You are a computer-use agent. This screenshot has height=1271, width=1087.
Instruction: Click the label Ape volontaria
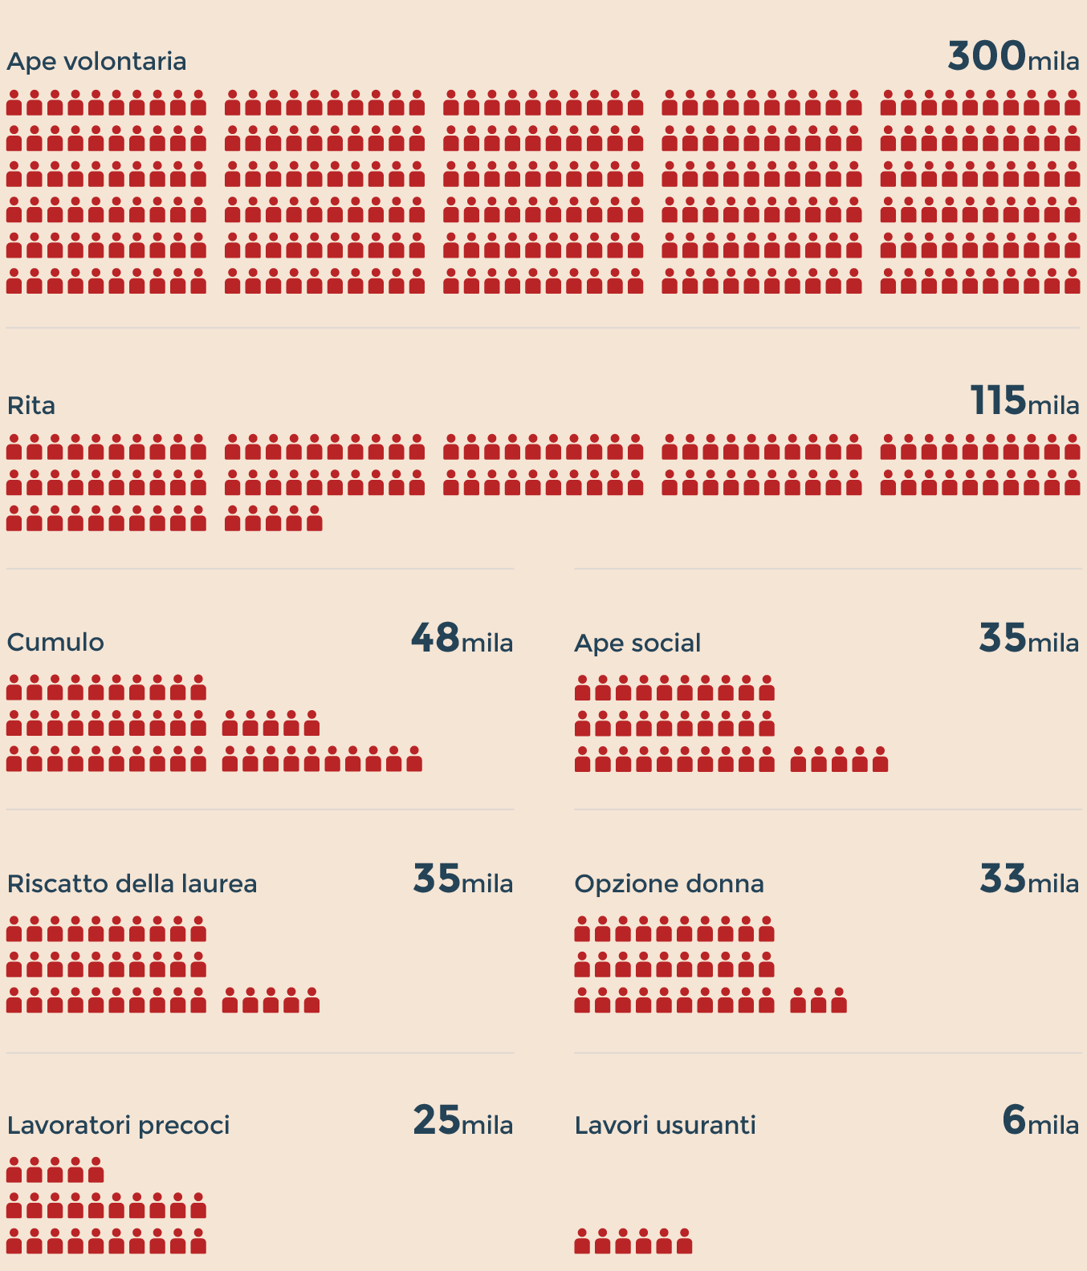pyautogui.click(x=96, y=62)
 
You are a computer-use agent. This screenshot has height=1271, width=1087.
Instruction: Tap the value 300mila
pyautogui.click(x=1013, y=57)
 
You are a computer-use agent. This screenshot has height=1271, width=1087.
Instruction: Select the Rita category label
pyautogui.click(x=31, y=405)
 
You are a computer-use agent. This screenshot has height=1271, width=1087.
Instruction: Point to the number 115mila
pyautogui.click(x=1024, y=401)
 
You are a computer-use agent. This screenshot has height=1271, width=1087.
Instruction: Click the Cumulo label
pyautogui.click(x=55, y=642)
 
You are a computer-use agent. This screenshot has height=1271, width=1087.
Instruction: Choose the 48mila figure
pyautogui.click(x=462, y=640)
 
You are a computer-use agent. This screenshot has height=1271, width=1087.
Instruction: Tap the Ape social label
pyautogui.click(x=637, y=643)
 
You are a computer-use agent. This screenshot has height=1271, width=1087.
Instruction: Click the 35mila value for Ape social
pyautogui.click(x=1028, y=640)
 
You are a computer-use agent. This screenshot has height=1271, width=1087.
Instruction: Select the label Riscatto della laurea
pyautogui.click(x=132, y=883)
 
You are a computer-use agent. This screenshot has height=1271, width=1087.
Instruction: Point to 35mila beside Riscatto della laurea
pyautogui.click(x=462, y=880)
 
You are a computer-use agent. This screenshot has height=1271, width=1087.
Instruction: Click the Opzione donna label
pyautogui.click(x=669, y=883)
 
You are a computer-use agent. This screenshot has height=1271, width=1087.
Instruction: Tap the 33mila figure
pyautogui.click(x=1028, y=880)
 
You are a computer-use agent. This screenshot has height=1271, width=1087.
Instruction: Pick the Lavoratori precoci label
pyautogui.click(x=118, y=1125)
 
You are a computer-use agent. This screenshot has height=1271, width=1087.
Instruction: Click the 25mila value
pyautogui.click(x=462, y=1122)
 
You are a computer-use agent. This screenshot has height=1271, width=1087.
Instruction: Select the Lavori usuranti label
pyautogui.click(x=665, y=1125)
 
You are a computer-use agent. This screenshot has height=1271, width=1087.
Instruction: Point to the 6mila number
pyautogui.click(x=1040, y=1122)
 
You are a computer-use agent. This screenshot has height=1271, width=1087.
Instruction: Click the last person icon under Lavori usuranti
pyautogui.click(x=684, y=1241)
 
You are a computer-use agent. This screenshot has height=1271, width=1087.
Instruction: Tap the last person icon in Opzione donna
pyautogui.click(x=839, y=1001)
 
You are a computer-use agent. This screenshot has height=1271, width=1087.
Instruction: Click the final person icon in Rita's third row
pyautogui.click(x=314, y=519)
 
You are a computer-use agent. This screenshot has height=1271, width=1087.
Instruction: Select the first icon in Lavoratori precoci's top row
pyautogui.click(x=14, y=1170)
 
